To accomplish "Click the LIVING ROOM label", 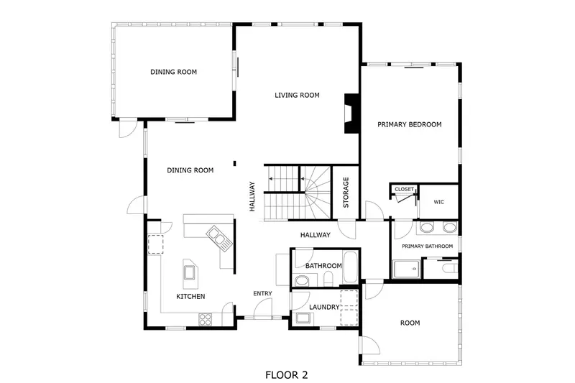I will [x=297, y=95].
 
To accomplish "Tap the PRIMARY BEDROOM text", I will [x=410, y=124].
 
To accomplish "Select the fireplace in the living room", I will [x=351, y=114].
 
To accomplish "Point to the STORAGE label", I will [x=346, y=193].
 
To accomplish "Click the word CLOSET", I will [x=404, y=189].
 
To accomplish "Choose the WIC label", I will [x=439, y=202].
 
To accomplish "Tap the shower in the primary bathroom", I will [x=406, y=269].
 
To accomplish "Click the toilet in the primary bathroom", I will [x=447, y=268].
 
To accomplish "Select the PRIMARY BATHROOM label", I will [x=427, y=246].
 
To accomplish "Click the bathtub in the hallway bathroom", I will [x=351, y=267].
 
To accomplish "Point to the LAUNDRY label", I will [x=323, y=307].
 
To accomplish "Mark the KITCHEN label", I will [x=191, y=296].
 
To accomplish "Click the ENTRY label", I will [x=262, y=293].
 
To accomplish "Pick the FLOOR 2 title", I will [x=287, y=374].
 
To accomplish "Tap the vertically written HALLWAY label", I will [x=252, y=195].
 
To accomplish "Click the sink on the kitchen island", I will [x=190, y=272].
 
